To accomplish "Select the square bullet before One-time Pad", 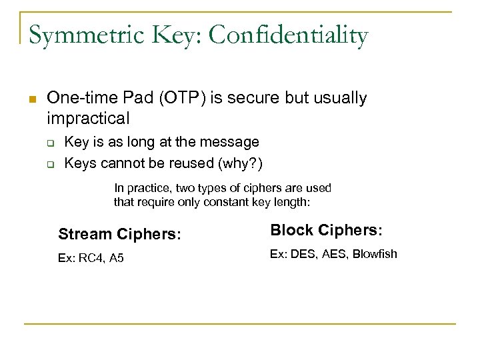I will (31, 99).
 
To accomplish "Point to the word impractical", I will (88, 119).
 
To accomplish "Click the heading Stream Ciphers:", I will (120, 234).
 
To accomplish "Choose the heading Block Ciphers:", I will (326, 231).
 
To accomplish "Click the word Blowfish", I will (375, 253).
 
